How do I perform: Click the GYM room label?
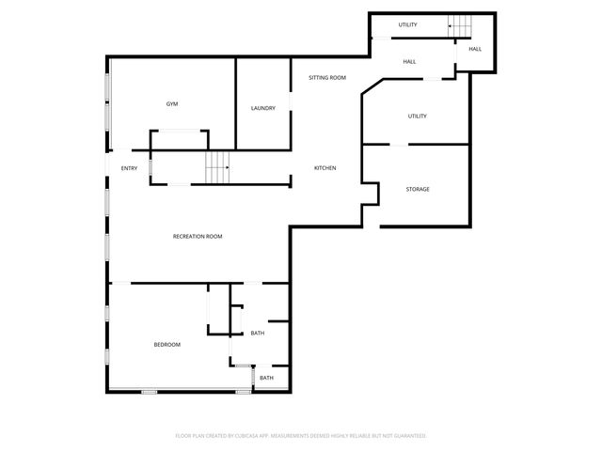pos(172,104)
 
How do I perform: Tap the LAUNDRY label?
pos(263,108)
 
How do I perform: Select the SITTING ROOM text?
pos(327,78)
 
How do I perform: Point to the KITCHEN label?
pos(325,168)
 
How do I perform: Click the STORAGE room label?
pos(418,189)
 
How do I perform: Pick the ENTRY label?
pos(129,168)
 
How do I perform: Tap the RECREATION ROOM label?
pos(198,236)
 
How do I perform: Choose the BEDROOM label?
pos(166,345)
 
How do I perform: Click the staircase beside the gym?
pos(217,168)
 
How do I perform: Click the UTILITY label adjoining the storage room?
pos(418,117)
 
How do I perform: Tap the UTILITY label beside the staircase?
pos(407,25)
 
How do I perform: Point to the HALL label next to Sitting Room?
pos(409,62)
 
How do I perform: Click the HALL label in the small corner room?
pos(475,49)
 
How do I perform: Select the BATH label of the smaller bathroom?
pos(267,378)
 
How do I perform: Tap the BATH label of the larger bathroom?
pos(258,333)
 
